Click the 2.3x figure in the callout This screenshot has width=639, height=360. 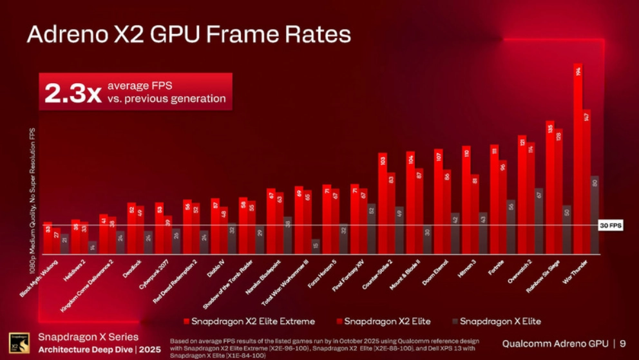73,93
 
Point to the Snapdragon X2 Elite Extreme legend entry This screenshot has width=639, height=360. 249,321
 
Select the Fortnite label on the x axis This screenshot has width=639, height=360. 495,265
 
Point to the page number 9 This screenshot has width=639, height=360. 623,343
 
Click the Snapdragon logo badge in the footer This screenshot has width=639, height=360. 19,343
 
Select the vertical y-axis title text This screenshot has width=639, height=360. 33,200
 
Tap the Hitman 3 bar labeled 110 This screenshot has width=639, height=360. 466,199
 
